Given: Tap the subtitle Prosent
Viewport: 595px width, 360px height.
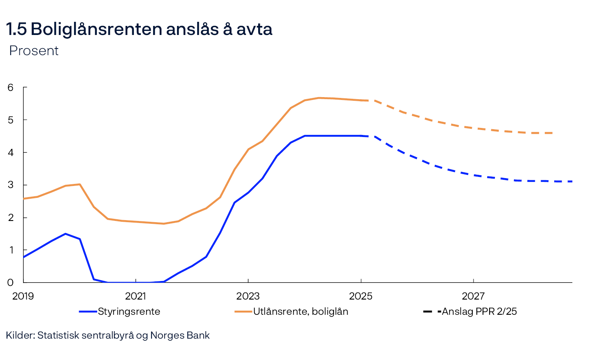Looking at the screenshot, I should (34, 51).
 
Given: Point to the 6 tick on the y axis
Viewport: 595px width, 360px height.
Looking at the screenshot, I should (10, 87).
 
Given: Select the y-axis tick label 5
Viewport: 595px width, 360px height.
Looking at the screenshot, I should (10, 120).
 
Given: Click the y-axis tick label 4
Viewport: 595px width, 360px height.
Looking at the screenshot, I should (10, 152).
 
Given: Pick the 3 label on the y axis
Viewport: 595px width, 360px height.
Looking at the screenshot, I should (10, 185).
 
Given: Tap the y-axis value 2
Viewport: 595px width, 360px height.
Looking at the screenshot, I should (10, 217).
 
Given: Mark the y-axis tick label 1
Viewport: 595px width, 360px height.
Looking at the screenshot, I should (10, 250).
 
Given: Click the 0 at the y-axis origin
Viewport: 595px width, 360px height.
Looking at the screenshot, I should (10, 282).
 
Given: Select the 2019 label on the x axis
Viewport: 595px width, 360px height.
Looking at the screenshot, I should (23, 296).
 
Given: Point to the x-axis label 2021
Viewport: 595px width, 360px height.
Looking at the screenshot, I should (135, 296).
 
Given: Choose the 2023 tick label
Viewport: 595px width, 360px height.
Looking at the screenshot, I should (248, 296).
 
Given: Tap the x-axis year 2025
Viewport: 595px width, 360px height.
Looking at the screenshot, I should (361, 296).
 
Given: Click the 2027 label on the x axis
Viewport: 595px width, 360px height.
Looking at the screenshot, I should (473, 296).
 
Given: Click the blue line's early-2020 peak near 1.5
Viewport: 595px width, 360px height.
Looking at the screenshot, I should (65, 234).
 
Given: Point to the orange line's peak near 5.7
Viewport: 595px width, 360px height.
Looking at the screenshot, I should (319, 98).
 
